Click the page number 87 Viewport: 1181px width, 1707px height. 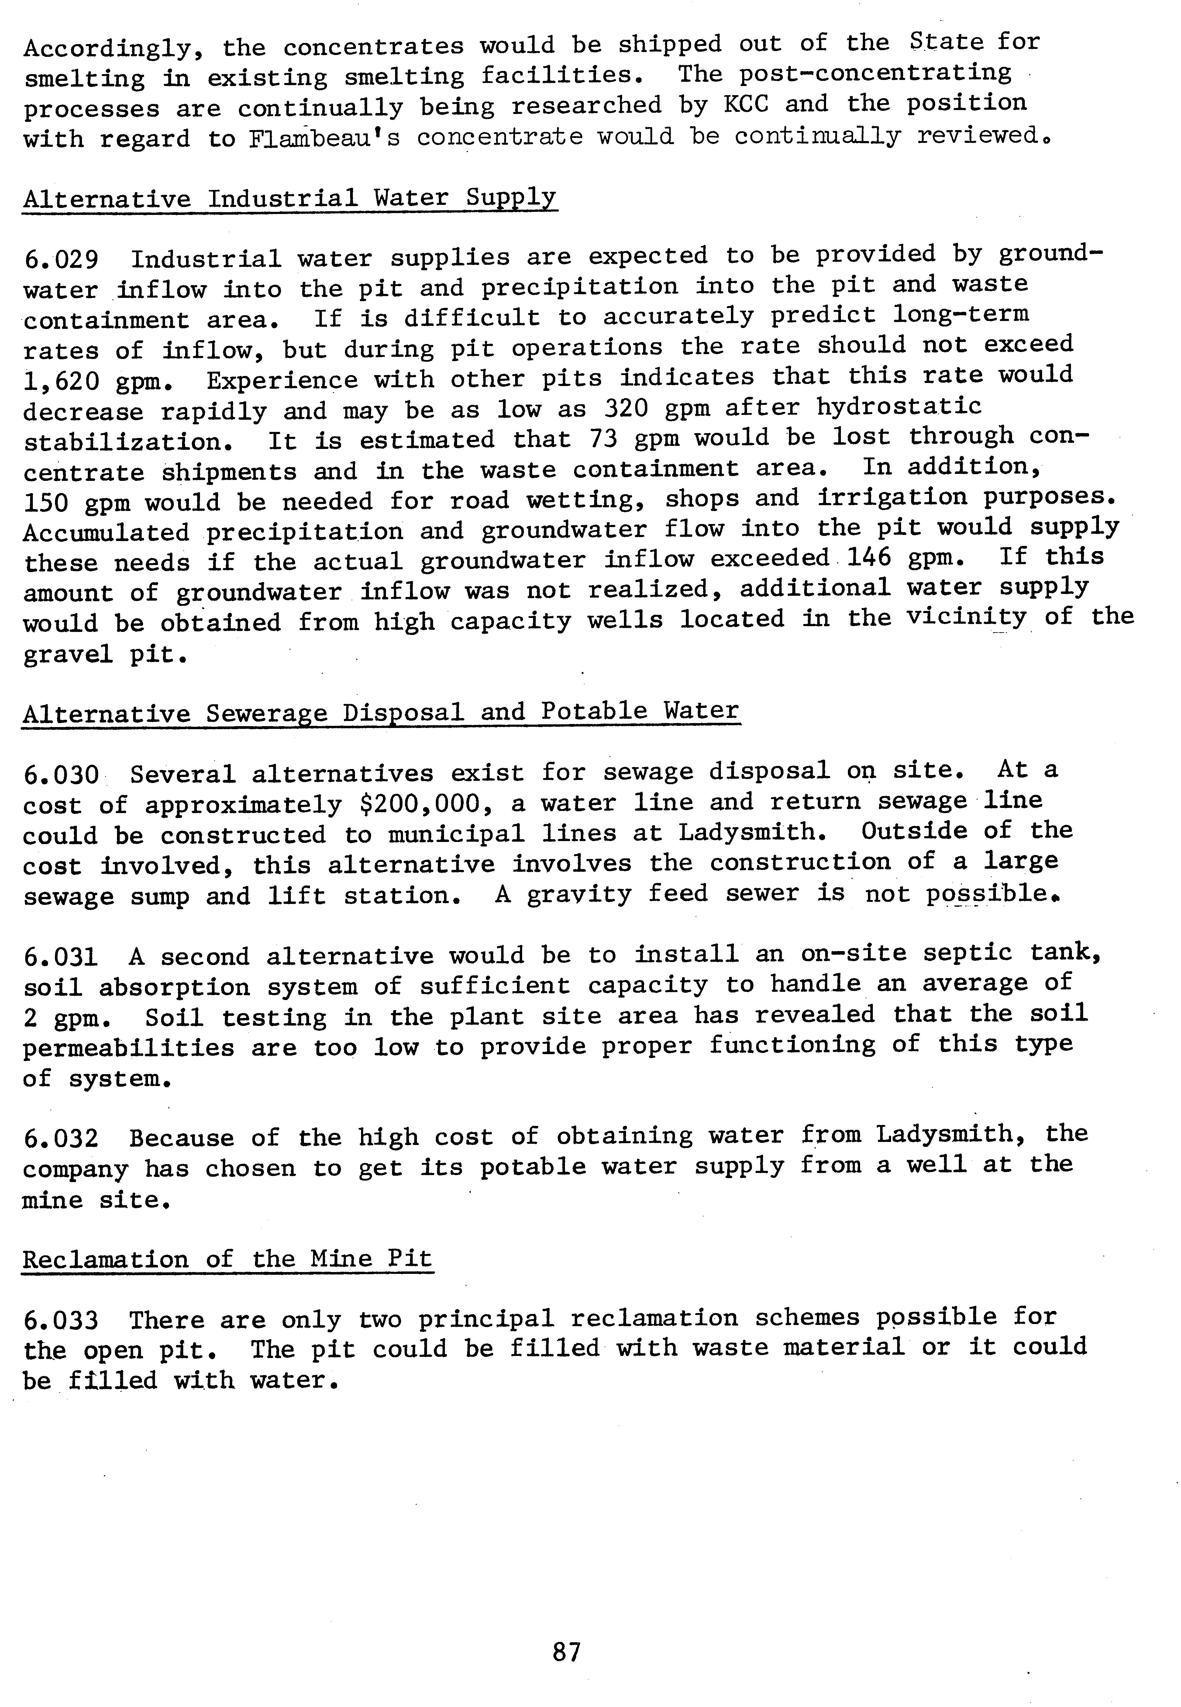click(567, 1651)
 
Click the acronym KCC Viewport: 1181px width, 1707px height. click(745, 104)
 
